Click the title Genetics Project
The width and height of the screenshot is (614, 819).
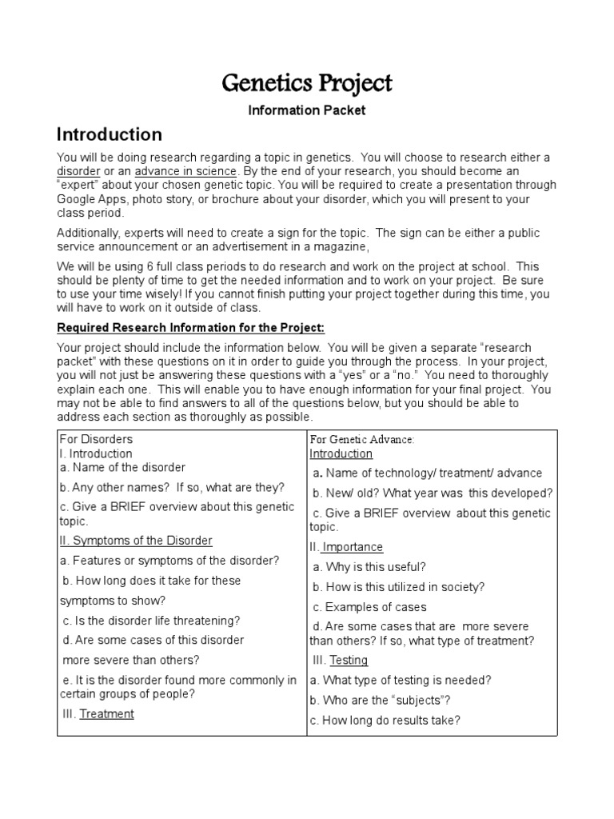306,83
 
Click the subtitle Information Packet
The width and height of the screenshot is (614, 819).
306,110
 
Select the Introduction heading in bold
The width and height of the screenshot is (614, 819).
109,134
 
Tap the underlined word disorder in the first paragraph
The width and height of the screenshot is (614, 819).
78,171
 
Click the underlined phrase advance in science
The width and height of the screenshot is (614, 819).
185,171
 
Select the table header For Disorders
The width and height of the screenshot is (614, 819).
96,439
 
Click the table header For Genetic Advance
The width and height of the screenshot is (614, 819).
361,440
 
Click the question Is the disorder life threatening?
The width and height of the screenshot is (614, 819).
152,620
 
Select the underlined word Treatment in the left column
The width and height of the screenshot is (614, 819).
107,713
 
